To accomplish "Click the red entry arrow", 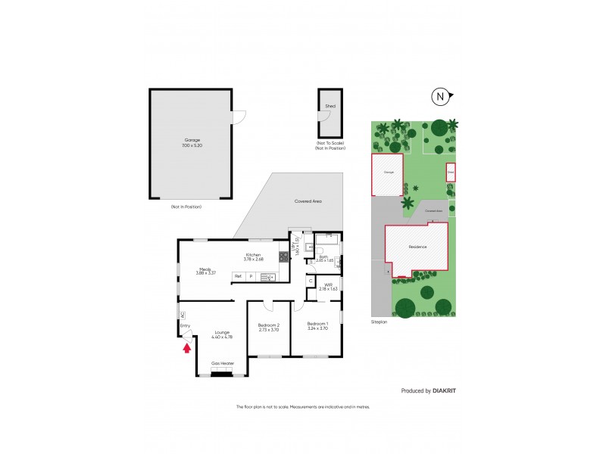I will coord(186,349).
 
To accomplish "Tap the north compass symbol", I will coord(439,96).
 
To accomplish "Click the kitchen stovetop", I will coord(283,257).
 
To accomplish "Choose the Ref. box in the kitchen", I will coord(238,277).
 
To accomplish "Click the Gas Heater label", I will coord(223,363).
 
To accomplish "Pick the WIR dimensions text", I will coord(327,289).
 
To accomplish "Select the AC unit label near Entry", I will coord(182,315).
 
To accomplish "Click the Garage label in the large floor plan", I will coord(191,140).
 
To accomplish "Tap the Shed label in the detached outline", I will coord(330,107).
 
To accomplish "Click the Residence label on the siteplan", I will coord(417,247).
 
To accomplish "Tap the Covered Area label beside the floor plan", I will coord(308,201).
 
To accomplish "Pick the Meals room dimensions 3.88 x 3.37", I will coord(205,272).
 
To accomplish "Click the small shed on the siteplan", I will coord(451,173).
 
